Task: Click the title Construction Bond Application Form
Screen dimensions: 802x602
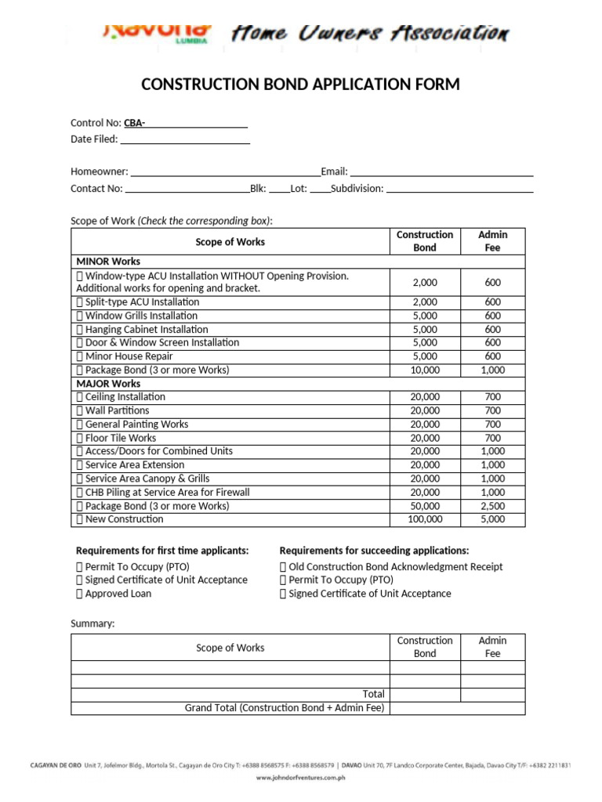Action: click(300, 85)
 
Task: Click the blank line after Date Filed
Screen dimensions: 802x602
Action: click(185, 139)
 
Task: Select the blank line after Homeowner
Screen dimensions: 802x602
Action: click(225, 172)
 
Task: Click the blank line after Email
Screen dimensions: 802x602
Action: click(441, 172)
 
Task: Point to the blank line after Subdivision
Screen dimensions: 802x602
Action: click(460, 189)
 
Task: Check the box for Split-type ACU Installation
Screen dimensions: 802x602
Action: click(79, 302)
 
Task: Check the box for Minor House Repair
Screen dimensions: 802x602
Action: click(79, 356)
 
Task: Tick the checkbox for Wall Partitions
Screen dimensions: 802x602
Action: click(79, 410)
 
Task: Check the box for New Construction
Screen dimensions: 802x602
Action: click(79, 519)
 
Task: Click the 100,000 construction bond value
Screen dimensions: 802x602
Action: click(425, 519)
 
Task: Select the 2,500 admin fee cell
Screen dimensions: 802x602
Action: click(492, 506)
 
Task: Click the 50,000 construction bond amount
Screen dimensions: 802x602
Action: click(425, 506)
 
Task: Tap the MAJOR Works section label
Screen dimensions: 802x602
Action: click(108, 384)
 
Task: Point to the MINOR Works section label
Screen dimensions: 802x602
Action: click(108, 261)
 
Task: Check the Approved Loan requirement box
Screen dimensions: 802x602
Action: click(79, 594)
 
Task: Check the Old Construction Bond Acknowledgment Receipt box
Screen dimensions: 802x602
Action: click(283, 567)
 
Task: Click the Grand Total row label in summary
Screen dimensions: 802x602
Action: click(285, 708)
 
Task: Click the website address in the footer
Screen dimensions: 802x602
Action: click(301, 778)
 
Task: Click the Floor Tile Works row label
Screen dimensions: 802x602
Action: click(120, 438)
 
